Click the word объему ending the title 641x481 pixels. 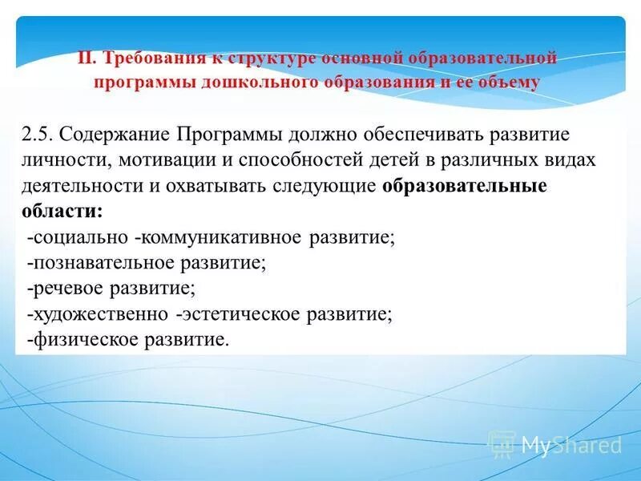(x=512, y=82)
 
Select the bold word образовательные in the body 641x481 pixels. (x=465, y=186)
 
